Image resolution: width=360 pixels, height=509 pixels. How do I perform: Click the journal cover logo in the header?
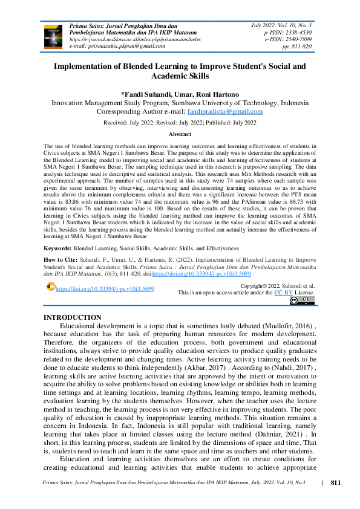coord(53,35)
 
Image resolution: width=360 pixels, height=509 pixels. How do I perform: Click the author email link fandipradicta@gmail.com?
coord(225,111)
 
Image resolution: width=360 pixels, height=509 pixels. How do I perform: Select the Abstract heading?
coord(180,134)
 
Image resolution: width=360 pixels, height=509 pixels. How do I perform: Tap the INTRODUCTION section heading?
coord(73,317)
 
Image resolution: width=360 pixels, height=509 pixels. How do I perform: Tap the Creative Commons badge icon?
coord(302,300)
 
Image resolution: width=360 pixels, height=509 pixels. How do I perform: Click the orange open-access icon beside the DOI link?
coord(50,287)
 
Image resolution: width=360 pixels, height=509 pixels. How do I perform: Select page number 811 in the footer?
coord(336,482)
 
